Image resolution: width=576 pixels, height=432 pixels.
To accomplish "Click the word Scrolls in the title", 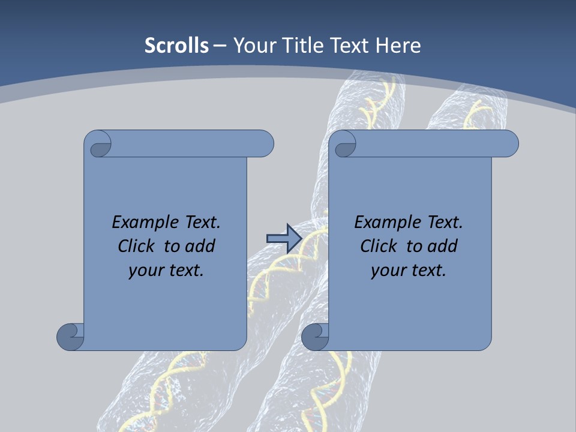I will (177, 46).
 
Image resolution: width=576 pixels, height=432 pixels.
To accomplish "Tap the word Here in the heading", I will (398, 46).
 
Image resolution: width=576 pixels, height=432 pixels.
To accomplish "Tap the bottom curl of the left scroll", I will (70, 337).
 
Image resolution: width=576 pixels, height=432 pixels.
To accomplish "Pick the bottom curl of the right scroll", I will (314, 337).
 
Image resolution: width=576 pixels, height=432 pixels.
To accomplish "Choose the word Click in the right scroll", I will (379, 246).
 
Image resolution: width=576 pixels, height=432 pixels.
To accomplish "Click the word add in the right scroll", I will (442, 246).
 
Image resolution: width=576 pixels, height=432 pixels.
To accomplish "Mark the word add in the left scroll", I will (200, 246).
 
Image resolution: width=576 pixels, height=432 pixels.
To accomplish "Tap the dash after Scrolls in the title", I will (220, 46).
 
